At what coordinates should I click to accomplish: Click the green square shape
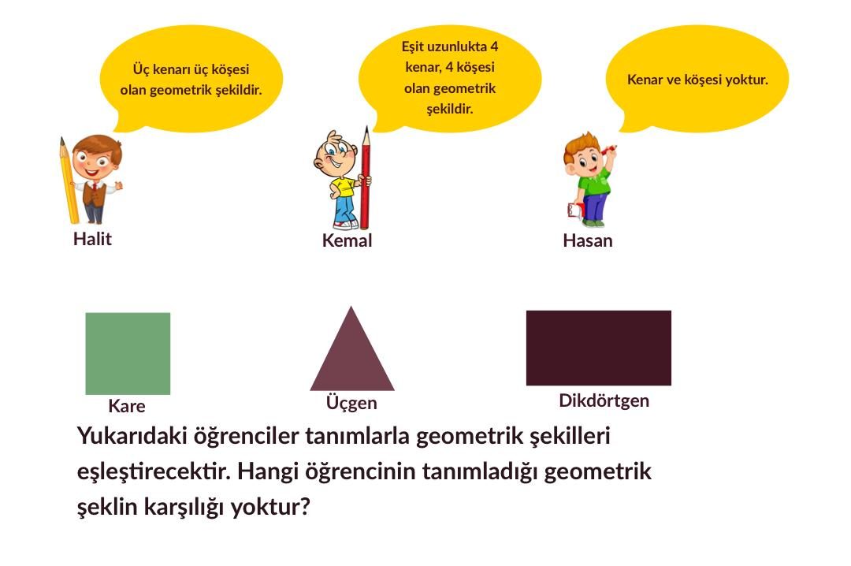pos(128,354)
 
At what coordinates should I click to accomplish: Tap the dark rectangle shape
pos(599,348)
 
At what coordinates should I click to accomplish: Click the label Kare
pos(127,406)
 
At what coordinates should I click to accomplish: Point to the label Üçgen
pos(351,403)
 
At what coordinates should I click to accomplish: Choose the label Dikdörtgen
pos(604,401)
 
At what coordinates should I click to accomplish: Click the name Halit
pos(93,239)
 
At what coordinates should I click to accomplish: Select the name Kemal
pos(347,240)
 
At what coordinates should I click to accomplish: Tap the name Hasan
pos(588,240)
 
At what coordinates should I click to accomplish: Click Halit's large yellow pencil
pos(69,181)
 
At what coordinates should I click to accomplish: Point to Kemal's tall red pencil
pos(366,178)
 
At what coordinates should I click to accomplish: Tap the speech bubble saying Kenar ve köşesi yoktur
pos(697,79)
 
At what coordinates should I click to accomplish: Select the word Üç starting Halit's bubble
pos(141,69)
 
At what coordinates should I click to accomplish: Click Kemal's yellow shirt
pos(342,186)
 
